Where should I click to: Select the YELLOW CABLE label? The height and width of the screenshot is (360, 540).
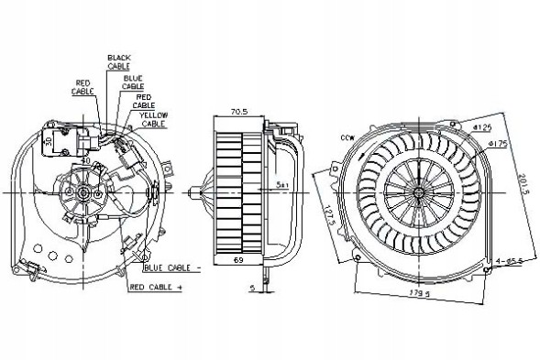click(155, 118)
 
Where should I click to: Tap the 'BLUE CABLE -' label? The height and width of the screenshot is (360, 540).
click(172, 267)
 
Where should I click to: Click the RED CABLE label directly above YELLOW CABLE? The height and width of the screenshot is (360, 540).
click(144, 100)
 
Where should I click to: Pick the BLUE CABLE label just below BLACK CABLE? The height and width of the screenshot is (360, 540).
click(132, 81)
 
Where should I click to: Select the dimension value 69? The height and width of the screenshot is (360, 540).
click(238, 262)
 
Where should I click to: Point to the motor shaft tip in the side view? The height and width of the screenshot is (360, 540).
click(187, 194)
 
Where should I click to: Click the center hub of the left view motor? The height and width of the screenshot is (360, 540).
click(85, 194)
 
